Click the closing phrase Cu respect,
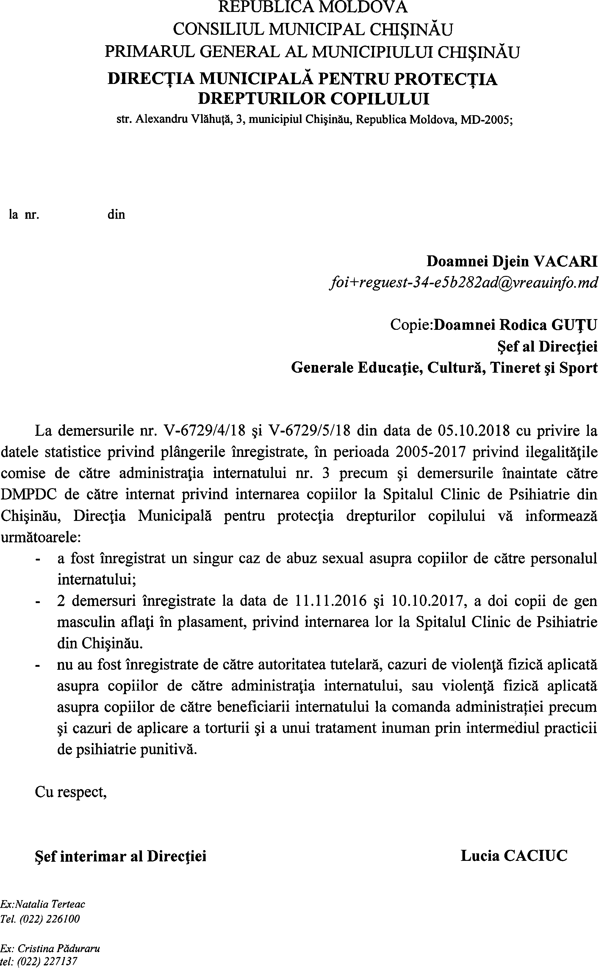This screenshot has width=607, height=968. [71, 792]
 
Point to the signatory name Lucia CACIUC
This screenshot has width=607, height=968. [514, 855]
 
